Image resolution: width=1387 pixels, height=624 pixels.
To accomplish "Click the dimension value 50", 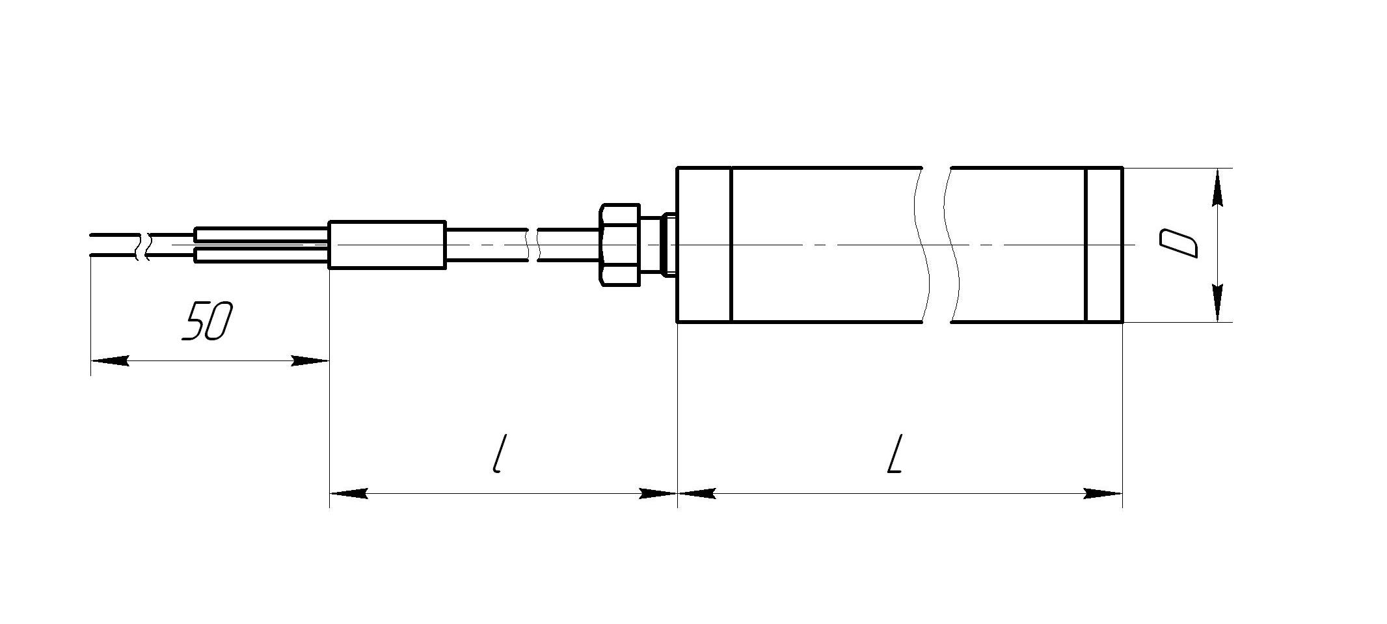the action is tap(207, 321).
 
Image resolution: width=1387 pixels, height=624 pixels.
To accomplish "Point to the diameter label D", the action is tap(1179, 243).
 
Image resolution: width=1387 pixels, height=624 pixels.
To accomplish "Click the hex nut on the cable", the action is tap(619, 244).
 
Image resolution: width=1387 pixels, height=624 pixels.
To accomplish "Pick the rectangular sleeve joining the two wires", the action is tap(387, 245).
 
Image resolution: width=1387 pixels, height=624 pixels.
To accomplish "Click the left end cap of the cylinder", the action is tap(705, 245).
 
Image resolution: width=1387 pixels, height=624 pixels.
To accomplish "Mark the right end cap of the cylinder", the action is tap(1105, 245).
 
